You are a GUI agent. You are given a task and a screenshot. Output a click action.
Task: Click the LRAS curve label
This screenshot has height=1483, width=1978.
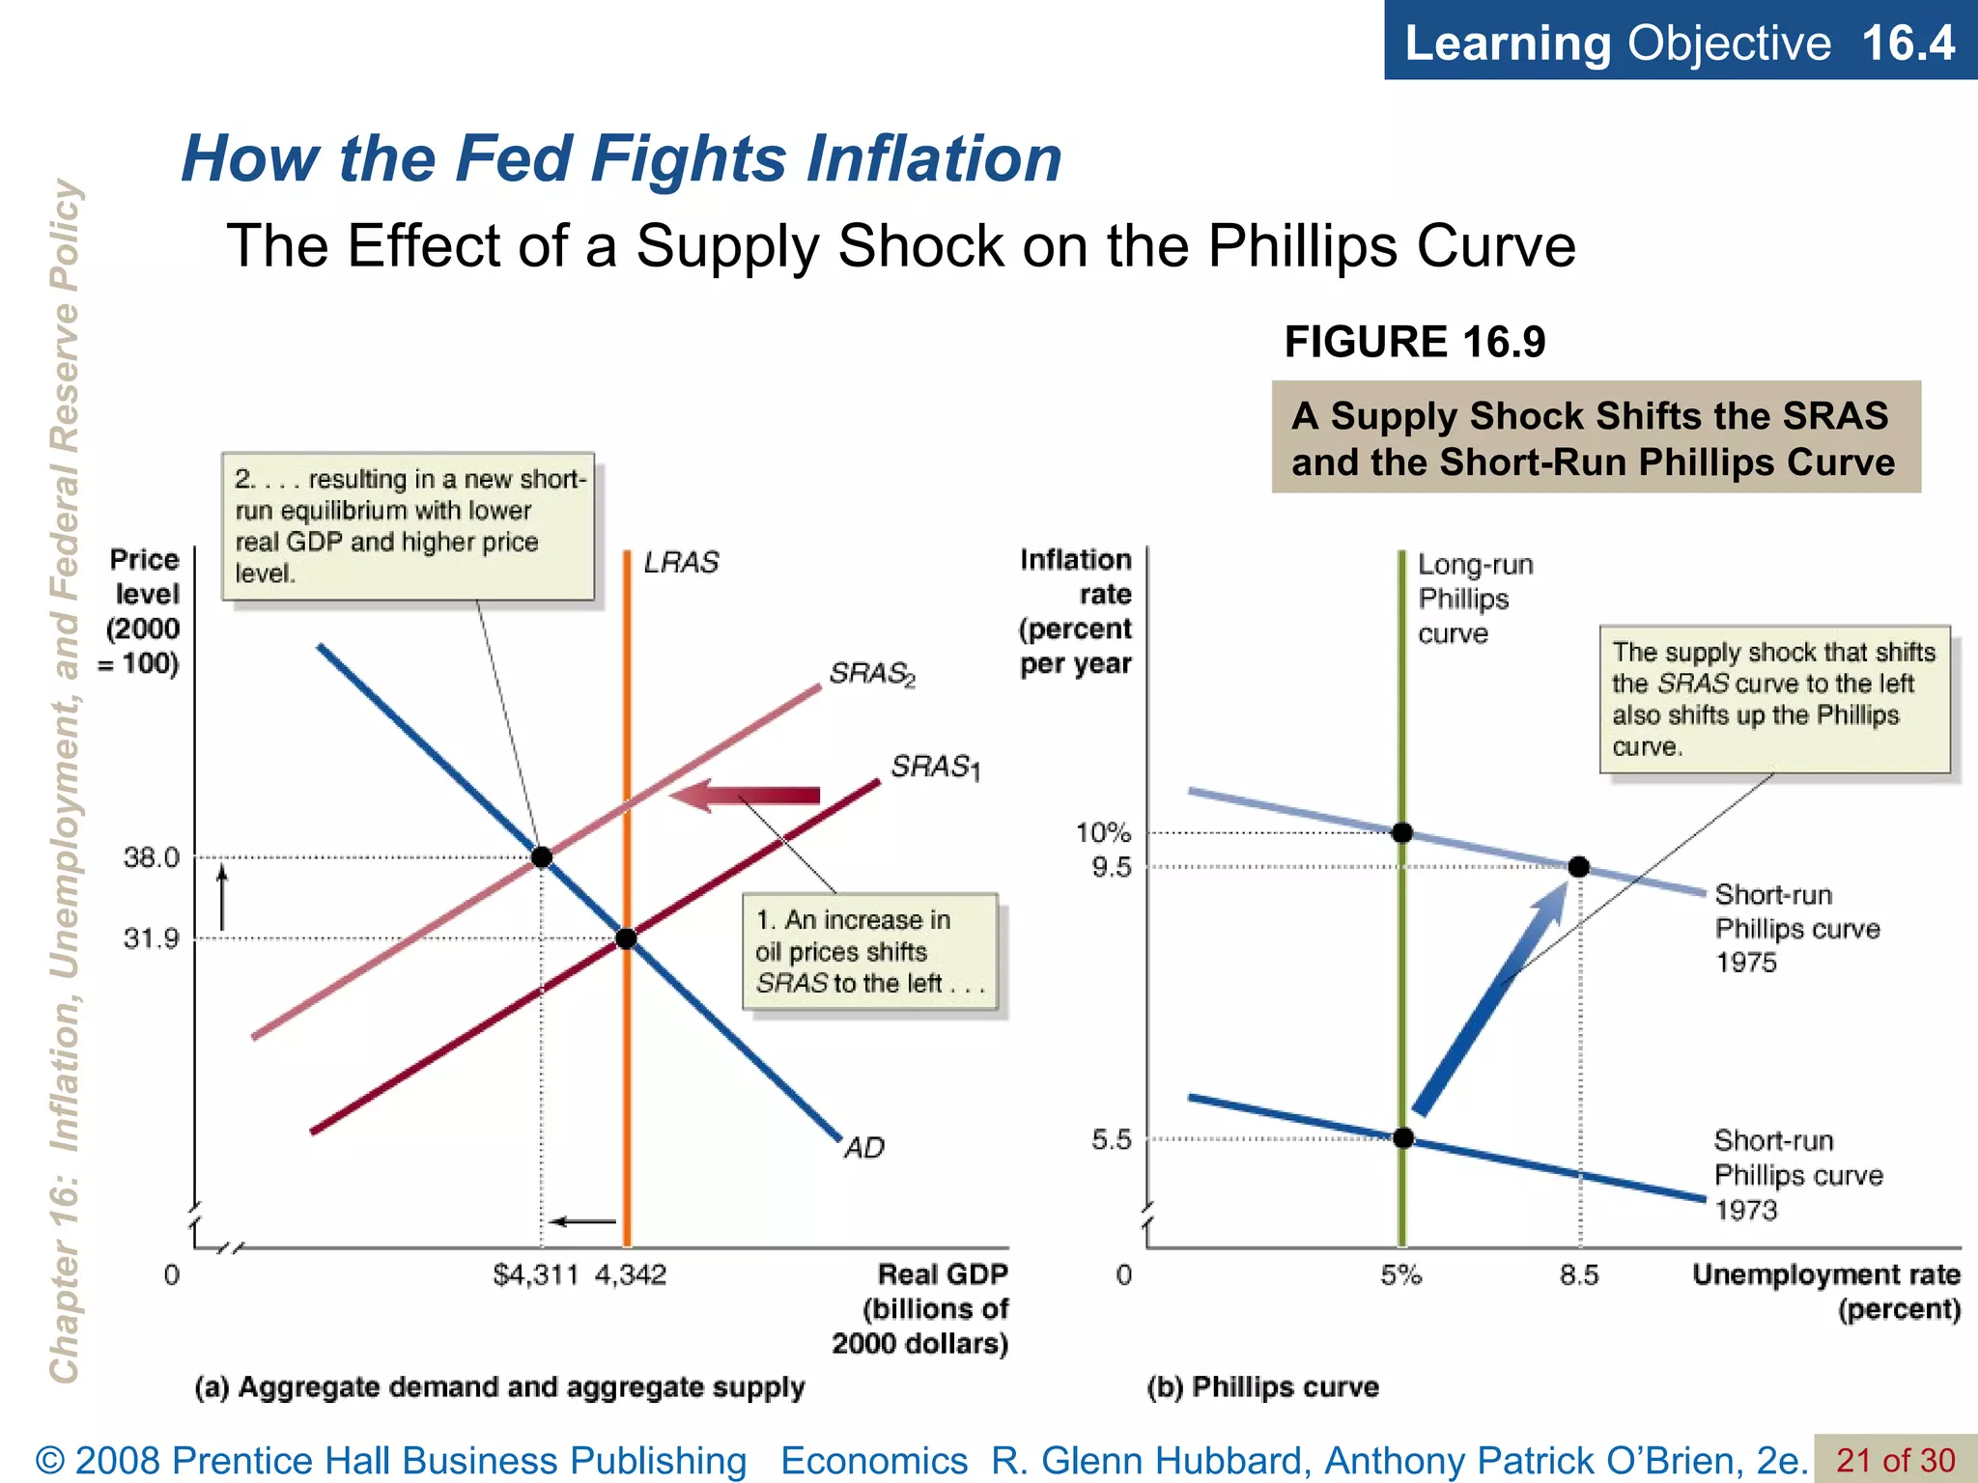tap(681, 562)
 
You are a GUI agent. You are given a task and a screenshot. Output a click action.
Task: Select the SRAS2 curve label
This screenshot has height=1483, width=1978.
tap(871, 673)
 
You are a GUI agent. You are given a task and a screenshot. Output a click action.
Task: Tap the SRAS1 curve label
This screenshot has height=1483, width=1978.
tap(934, 768)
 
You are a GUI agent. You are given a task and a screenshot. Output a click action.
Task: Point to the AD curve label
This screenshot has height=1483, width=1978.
tap(863, 1147)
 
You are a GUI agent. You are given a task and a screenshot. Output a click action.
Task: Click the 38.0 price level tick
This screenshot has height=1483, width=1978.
tap(152, 857)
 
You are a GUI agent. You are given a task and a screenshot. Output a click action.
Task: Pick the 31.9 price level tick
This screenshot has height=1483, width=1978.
tap(152, 938)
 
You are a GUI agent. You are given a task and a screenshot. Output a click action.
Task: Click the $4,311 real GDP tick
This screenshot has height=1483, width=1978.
tap(535, 1275)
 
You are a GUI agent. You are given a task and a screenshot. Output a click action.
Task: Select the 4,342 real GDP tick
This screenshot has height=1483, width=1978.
tap(631, 1275)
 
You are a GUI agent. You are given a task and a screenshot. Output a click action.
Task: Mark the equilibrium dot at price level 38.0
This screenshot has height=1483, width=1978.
tap(542, 857)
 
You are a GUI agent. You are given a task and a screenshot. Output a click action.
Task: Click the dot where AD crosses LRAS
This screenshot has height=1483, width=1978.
tap(626, 938)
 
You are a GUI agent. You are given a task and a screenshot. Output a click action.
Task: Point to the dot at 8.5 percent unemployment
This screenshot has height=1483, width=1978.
tap(1579, 867)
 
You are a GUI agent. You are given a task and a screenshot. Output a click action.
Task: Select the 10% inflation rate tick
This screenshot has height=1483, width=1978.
tap(1103, 832)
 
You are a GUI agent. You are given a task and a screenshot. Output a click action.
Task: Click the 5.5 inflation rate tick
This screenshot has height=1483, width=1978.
tap(1111, 1139)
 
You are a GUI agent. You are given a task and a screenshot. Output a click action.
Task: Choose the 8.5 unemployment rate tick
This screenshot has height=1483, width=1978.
tap(1579, 1275)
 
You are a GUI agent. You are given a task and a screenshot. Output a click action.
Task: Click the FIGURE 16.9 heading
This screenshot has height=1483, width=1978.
tap(1414, 342)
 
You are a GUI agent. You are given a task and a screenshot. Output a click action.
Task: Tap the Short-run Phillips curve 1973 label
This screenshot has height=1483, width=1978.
tap(1797, 1175)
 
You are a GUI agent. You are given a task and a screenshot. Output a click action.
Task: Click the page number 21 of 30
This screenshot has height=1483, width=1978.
tap(1895, 1460)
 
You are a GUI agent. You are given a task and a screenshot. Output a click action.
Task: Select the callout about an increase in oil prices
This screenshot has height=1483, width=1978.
tap(869, 951)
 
